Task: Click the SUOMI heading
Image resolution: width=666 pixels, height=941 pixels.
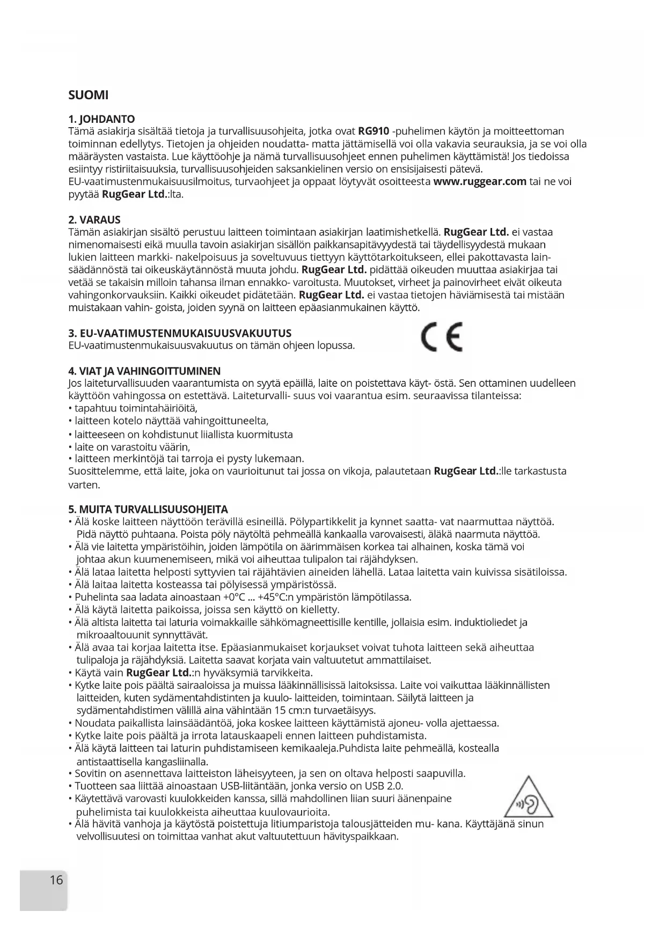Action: (x=89, y=95)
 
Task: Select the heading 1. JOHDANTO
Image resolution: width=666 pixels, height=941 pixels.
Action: (x=101, y=119)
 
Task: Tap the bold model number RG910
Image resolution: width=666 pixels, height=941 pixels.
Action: (x=373, y=131)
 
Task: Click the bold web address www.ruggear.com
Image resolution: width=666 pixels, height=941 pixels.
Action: (x=479, y=181)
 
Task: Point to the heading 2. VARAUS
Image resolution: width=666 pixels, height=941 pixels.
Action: (x=94, y=220)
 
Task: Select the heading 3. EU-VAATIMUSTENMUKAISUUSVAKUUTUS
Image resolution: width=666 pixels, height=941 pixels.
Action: (x=180, y=333)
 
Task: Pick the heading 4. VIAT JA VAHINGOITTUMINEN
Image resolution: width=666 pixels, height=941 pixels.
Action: (x=144, y=371)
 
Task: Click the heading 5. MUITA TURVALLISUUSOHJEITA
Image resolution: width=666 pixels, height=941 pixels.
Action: (x=148, y=509)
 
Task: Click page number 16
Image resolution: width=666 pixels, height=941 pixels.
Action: (x=56, y=880)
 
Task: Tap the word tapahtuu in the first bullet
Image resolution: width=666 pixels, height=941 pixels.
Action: (x=97, y=409)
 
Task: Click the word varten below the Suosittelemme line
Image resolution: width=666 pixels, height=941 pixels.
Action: (x=84, y=485)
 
